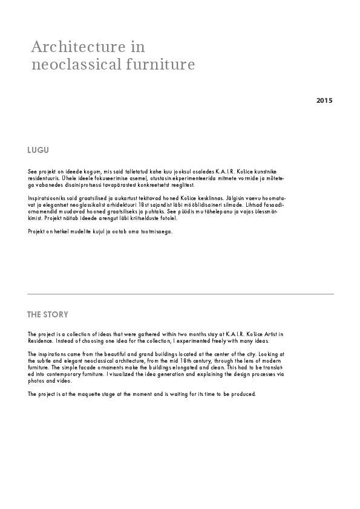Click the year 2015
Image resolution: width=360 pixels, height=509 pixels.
(x=324, y=100)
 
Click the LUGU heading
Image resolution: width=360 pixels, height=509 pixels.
(x=38, y=150)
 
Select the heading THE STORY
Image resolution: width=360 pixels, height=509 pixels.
(x=48, y=314)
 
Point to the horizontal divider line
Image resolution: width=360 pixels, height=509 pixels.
(x=180, y=294)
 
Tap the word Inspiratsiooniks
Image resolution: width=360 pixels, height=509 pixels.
(x=46, y=198)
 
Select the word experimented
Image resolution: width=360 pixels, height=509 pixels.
(x=191, y=340)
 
